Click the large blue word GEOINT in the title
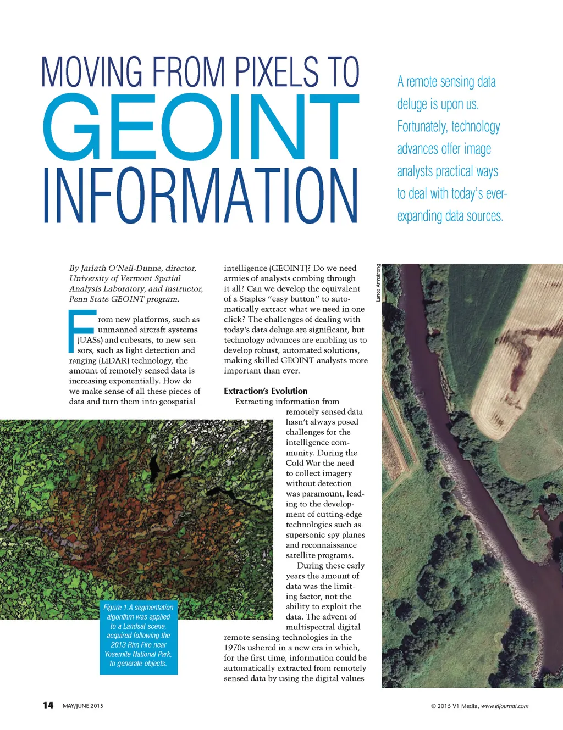(x=201, y=127)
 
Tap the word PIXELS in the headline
(x=277, y=72)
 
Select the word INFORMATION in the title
(x=201, y=196)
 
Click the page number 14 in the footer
(x=48, y=705)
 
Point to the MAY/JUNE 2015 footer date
(x=83, y=706)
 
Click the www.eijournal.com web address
(x=505, y=706)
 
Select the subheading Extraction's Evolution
(x=266, y=391)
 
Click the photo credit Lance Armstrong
(x=378, y=283)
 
